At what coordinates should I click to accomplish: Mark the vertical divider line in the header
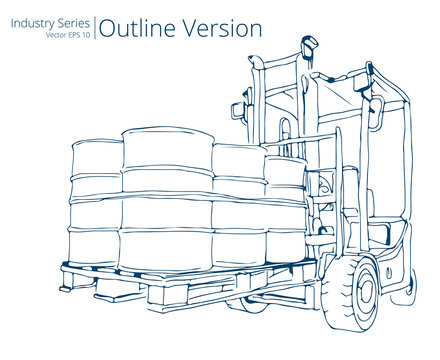97,27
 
